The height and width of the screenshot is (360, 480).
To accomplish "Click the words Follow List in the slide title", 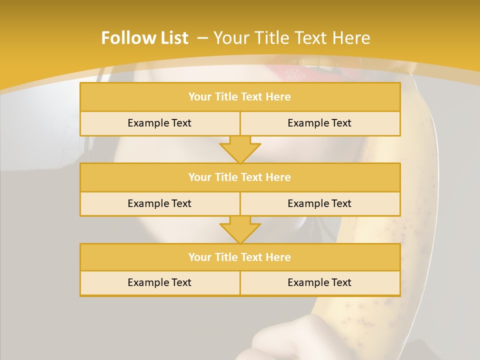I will point(144,38).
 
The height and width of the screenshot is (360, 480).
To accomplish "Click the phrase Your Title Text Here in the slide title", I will point(292,38).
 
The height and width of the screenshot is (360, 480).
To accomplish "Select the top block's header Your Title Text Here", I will point(239,97).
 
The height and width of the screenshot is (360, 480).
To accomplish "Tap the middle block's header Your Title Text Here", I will point(239,177).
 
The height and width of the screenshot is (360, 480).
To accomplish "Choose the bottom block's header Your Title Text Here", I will point(239,257).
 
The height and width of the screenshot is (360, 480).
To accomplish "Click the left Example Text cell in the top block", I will point(159,123).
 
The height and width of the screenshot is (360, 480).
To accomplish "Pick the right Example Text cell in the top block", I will point(319,123).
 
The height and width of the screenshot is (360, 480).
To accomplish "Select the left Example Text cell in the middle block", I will point(159,203).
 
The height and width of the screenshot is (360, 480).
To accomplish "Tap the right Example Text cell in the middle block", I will point(319,203).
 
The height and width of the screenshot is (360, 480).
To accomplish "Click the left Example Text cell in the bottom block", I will point(159,282).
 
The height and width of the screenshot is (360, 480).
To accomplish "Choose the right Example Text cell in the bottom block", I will point(319,282).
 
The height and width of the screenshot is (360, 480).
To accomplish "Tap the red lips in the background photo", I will point(295,75).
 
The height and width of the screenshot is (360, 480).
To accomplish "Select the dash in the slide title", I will point(203,38).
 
